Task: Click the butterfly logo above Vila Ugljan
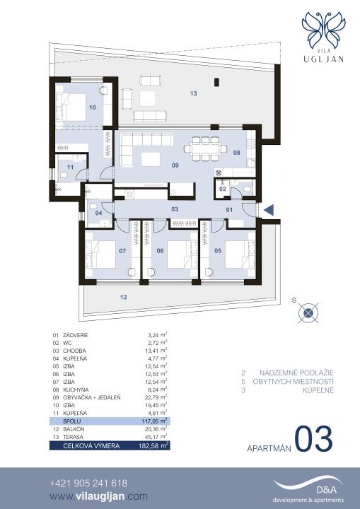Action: [x=324, y=30]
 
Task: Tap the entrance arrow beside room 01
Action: [x=269, y=211]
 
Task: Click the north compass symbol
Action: [x=308, y=313]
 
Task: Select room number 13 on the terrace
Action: [x=193, y=93]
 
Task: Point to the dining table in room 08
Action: [x=205, y=148]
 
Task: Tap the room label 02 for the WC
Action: [x=223, y=189]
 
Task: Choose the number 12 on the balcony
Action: [x=124, y=297]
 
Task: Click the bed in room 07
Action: [x=100, y=255]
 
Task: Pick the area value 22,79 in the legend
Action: [x=152, y=397]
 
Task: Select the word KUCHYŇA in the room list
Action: [x=76, y=390]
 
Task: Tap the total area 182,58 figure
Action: [x=149, y=445]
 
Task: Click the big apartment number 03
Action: [x=313, y=439]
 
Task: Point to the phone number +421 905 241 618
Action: [x=88, y=484]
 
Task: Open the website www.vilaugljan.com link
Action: [x=99, y=496]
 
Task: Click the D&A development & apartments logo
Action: [x=308, y=491]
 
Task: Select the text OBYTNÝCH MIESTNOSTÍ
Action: [x=294, y=382]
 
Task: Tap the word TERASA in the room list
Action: [x=73, y=437]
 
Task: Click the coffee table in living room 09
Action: [x=151, y=159]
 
